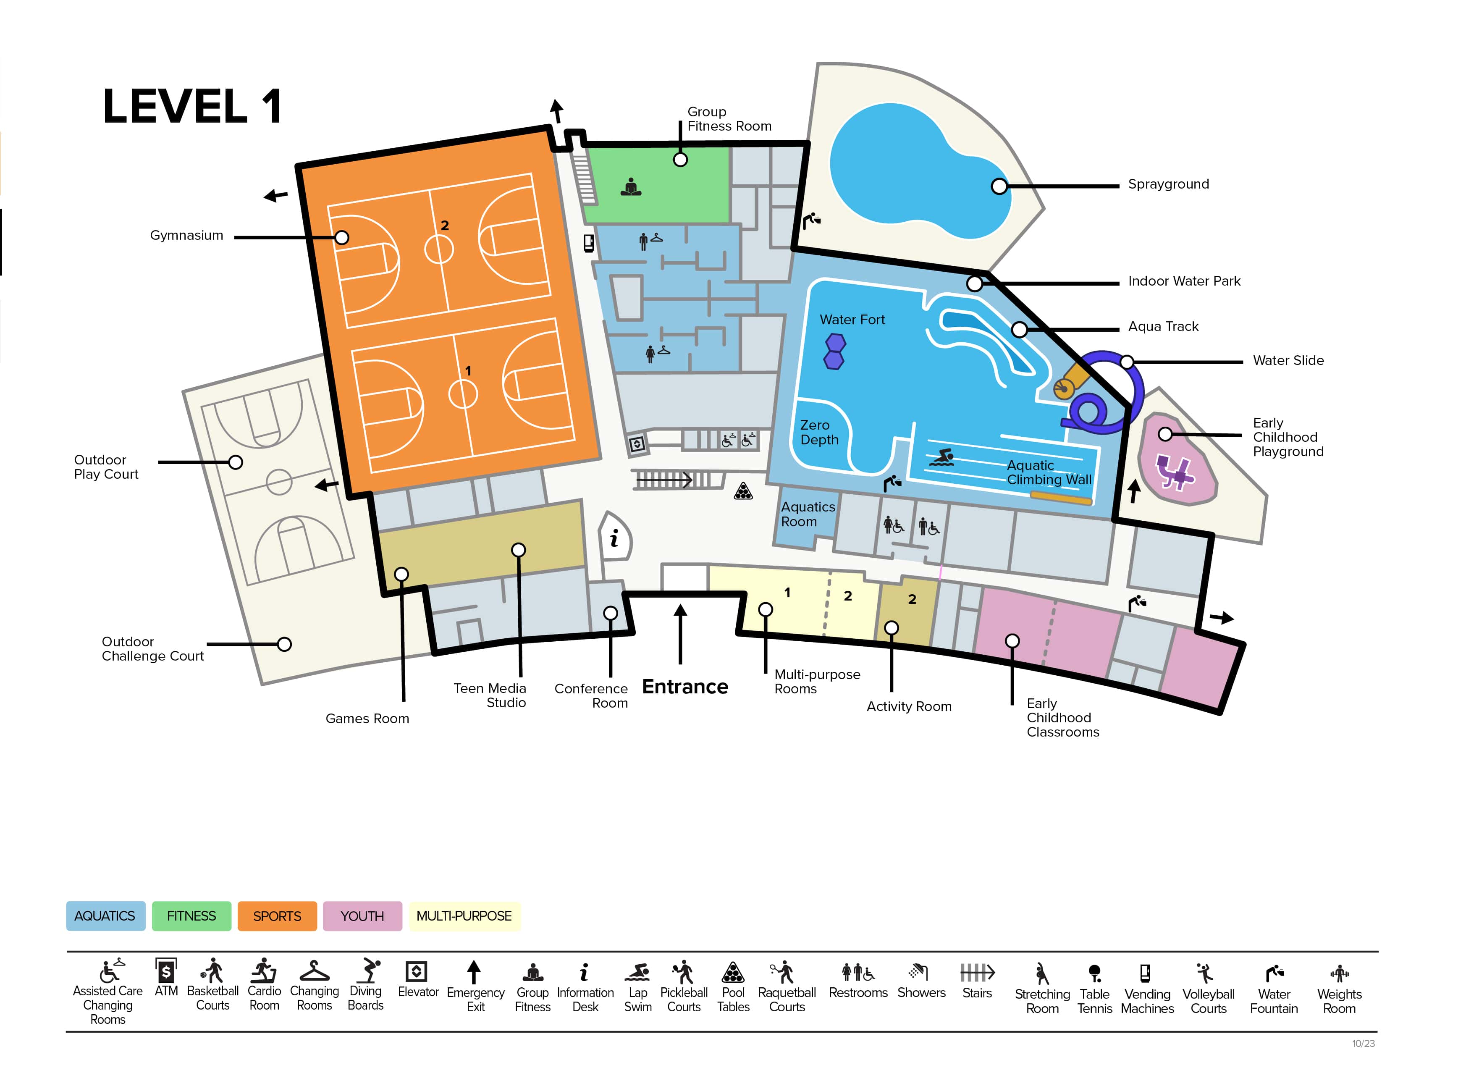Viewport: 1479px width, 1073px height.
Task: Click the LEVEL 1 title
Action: [192, 106]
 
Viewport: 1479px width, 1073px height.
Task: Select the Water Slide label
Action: [1288, 361]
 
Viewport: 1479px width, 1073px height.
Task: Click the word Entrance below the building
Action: [685, 687]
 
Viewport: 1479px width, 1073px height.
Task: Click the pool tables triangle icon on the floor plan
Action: [743, 491]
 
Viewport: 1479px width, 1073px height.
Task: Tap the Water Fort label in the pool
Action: [852, 320]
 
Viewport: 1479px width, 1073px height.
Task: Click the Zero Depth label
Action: [819, 433]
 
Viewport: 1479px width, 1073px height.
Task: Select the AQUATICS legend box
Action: [105, 916]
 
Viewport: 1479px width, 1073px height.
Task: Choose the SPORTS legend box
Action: [277, 916]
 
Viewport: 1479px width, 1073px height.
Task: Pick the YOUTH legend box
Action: [362, 916]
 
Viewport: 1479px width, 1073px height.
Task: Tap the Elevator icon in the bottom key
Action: [416, 972]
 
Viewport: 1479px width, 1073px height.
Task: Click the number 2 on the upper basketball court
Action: [445, 226]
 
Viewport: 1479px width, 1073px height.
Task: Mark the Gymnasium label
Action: [186, 236]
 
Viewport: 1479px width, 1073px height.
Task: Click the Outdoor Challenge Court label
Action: [152, 649]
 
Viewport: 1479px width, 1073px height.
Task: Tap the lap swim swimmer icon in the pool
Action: [942, 458]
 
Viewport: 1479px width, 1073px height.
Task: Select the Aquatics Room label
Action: [808, 514]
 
